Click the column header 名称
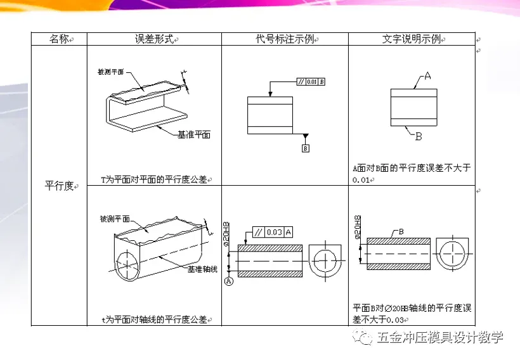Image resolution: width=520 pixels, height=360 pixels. click(59, 39)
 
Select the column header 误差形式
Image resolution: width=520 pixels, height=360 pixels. click(154, 39)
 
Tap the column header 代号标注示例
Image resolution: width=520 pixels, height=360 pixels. click(284, 39)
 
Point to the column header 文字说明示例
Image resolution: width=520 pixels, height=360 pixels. click(412, 39)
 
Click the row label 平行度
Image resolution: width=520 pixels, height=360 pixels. click(59, 186)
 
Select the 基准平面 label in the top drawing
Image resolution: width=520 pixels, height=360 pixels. click(194, 135)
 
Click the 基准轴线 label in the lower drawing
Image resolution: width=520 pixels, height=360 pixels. click(202, 269)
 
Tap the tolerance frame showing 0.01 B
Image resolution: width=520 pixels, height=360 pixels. click(311, 82)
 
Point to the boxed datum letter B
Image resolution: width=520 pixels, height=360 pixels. click(305, 148)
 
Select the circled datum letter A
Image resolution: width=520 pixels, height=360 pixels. click(228, 283)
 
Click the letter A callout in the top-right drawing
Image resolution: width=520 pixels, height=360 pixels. click(427, 76)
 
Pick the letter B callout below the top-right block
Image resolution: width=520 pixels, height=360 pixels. click(419, 136)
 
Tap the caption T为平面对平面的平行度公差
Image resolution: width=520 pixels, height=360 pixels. click(155, 179)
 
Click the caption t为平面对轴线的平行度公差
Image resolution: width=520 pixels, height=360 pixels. click(154, 319)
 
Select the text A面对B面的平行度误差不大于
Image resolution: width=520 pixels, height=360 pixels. click(412, 169)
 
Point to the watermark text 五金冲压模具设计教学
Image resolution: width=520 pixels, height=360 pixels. click(439, 337)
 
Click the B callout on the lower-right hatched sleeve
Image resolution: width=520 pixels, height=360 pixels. click(401, 233)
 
